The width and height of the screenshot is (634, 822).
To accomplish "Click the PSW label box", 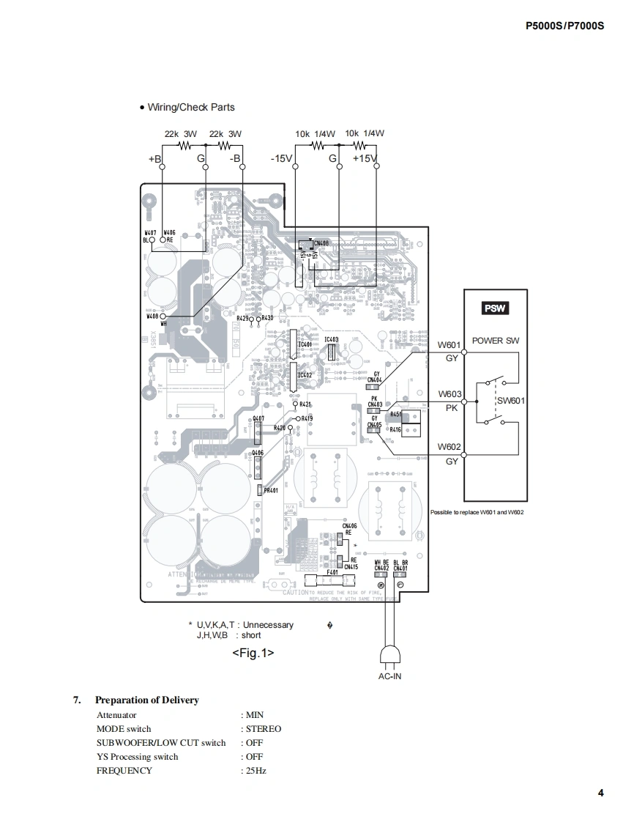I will click(x=495, y=308).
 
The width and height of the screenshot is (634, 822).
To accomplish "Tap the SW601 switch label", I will click(x=511, y=401).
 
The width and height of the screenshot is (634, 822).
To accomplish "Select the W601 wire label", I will click(x=449, y=345).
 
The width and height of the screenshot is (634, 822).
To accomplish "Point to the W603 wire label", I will click(x=450, y=394).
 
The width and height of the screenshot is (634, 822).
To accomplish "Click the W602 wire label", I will click(x=449, y=447).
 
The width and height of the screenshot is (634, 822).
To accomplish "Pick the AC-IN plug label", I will click(x=389, y=676).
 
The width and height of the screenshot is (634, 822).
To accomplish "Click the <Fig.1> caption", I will click(x=253, y=652).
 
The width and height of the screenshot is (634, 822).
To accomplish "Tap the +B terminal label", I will click(x=154, y=159).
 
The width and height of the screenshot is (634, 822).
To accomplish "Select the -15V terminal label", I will click(x=281, y=158).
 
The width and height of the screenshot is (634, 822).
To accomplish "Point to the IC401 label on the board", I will click(x=305, y=344).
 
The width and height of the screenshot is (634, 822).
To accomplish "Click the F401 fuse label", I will click(x=332, y=572).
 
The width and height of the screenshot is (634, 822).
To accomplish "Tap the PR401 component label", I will click(x=271, y=490).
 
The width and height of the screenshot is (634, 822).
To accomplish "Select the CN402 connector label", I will click(x=381, y=568).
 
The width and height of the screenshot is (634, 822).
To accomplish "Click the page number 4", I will click(x=600, y=793).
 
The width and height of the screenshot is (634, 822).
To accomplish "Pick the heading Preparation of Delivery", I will click(x=146, y=700).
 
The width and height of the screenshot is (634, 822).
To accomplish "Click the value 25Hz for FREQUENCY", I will click(x=256, y=771).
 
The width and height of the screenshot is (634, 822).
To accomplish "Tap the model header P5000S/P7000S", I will click(x=565, y=25).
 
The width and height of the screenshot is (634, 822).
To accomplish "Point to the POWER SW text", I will click(x=496, y=341).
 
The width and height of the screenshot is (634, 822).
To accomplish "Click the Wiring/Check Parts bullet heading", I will click(x=190, y=107).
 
